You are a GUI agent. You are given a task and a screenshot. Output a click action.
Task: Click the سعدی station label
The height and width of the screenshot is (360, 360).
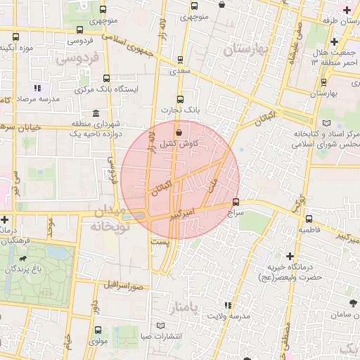pos(181,72)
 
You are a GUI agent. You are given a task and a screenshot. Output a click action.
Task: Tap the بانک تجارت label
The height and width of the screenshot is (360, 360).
pos(179,110)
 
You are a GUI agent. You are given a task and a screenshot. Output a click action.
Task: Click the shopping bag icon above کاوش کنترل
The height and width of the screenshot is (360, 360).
pos(178,131)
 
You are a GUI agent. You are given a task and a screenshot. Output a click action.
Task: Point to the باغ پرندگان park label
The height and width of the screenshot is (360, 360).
pos(25,269)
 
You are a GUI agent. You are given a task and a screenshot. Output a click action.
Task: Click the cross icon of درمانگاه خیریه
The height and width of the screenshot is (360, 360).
pos(290,257)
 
